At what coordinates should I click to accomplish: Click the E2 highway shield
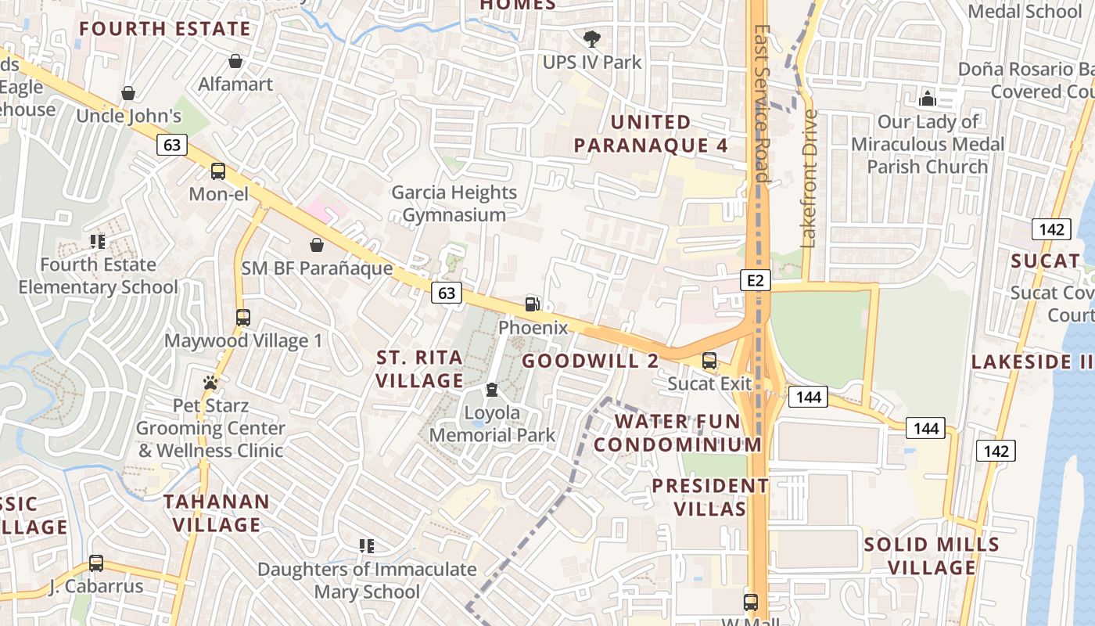(755, 280)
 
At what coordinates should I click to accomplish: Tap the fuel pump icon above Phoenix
(532, 304)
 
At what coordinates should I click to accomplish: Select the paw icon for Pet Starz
(210, 383)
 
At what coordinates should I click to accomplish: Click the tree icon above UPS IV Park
(592, 38)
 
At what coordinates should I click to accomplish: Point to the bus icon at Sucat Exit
(709, 361)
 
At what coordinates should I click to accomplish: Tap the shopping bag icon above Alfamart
(235, 61)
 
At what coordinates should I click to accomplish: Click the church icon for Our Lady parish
(928, 99)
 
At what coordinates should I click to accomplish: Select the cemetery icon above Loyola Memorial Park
(492, 390)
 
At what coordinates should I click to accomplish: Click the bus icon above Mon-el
(218, 171)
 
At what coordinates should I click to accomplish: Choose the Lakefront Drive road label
(809, 178)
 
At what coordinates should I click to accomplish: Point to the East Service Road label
(761, 102)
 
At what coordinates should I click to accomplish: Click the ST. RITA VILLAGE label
(420, 369)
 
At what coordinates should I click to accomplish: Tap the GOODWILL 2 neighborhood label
(590, 361)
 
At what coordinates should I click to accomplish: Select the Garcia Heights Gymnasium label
(454, 203)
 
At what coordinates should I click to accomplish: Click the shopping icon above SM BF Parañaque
(317, 246)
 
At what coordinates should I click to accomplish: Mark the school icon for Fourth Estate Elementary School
(98, 242)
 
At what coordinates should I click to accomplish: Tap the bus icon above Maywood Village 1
(243, 318)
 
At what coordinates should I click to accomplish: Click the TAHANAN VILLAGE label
(217, 513)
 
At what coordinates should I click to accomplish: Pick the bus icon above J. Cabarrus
(96, 563)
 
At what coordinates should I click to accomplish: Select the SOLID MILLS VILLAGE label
(932, 556)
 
